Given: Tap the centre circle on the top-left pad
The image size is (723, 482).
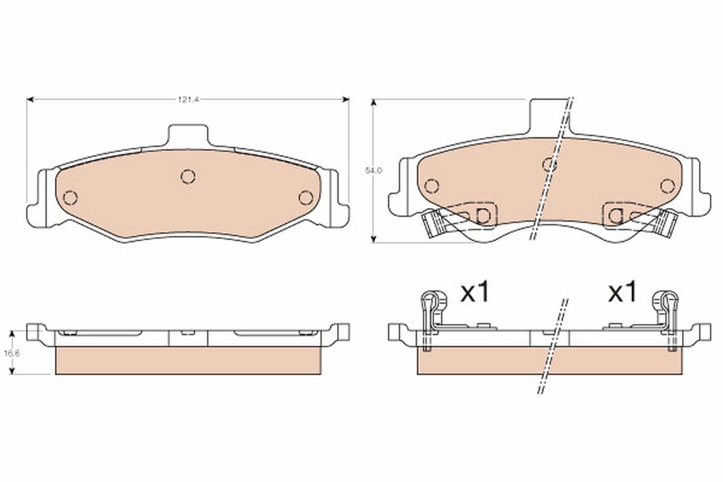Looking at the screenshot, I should click(x=188, y=176).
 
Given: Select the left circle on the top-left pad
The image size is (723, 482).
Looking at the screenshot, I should click(x=70, y=197).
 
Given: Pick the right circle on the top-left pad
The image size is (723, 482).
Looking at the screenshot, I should click(x=305, y=197).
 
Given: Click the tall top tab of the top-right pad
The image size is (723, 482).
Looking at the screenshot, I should click(x=548, y=114).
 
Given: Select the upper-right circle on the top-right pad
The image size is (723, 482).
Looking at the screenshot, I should click(x=666, y=186).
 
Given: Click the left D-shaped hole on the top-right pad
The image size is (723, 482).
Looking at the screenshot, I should click(x=483, y=215).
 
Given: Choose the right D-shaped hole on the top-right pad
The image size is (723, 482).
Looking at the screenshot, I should click(x=615, y=215).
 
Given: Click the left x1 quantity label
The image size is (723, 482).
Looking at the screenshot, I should click(x=476, y=293).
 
